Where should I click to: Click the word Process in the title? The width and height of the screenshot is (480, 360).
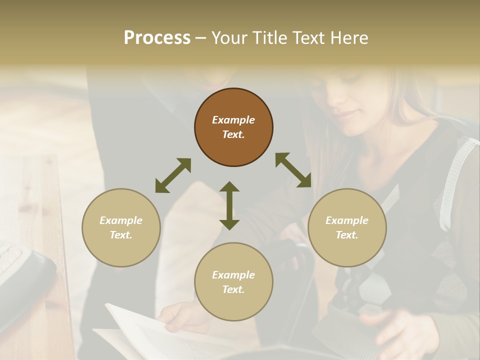(x=157, y=38)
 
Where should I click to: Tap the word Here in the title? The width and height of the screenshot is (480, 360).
(x=350, y=38)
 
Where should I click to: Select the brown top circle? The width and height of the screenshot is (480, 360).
(x=233, y=127)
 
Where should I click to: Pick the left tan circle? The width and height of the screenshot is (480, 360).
(x=121, y=227)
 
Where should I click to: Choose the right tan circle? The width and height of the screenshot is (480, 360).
(x=347, y=227)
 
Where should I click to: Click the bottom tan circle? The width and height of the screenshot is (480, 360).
(x=233, y=282)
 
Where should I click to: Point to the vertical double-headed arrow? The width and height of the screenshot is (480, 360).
(x=229, y=205)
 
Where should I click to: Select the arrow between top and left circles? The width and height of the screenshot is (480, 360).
(x=173, y=175)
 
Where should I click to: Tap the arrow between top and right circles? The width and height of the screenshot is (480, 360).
(x=293, y=170)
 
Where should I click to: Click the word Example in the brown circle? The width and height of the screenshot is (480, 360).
(x=233, y=120)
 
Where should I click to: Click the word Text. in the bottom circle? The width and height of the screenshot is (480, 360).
(x=233, y=289)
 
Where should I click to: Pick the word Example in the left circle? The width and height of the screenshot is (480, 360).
(x=121, y=220)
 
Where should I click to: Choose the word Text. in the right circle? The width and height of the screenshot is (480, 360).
(x=347, y=235)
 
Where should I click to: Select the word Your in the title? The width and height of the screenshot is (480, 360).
(x=227, y=38)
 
